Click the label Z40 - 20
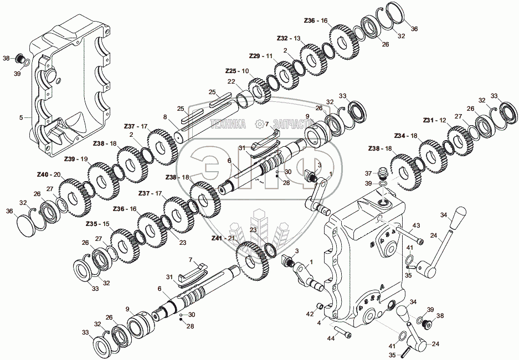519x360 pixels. coord(48,174)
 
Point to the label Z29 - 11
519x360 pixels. coord(261,56)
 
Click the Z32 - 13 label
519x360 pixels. coord(289,38)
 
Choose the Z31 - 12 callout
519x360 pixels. coord(434,120)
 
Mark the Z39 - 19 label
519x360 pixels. coord(76,159)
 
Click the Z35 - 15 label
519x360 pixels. coord(97,224)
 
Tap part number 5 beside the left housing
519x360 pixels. coord(20,117)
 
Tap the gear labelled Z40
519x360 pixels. coord(70,196)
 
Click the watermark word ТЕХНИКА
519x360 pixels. coord(226,124)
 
